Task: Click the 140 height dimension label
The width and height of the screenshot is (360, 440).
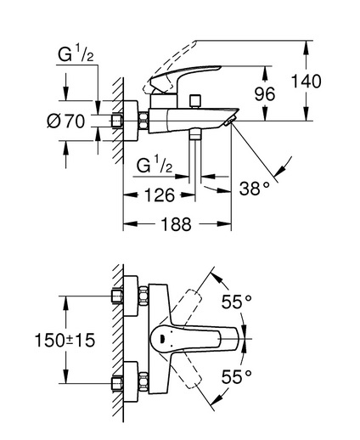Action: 306,82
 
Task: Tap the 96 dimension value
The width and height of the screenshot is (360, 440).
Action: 265,93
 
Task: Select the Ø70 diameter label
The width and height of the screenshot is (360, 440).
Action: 65,121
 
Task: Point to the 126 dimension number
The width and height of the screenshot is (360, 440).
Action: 160,195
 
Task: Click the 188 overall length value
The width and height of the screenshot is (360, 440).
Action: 176,224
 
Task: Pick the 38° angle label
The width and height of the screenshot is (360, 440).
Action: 254,189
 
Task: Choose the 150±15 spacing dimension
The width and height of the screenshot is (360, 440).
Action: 65,340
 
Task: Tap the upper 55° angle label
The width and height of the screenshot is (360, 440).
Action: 236,302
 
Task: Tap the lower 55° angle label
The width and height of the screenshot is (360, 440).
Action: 236,376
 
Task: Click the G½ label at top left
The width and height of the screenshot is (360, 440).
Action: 76,54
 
